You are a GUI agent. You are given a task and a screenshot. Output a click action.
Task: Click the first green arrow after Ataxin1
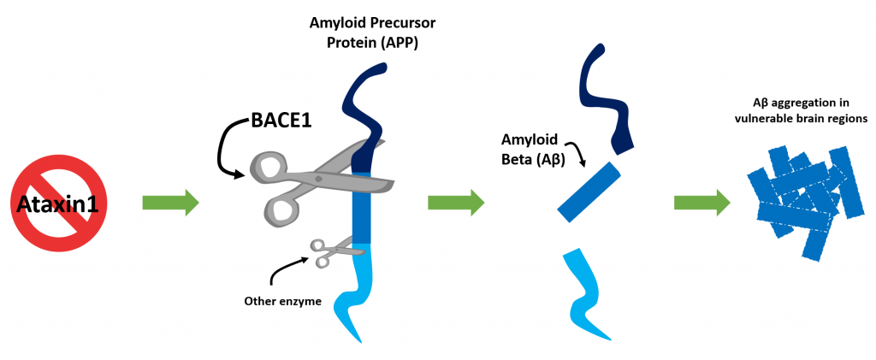pos(170,202)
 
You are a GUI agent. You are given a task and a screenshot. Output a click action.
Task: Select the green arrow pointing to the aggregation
pos(701,202)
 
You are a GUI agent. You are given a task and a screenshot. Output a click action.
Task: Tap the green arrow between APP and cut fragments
pos(457,202)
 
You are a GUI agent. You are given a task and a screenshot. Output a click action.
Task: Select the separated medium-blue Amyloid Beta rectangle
pos(589,192)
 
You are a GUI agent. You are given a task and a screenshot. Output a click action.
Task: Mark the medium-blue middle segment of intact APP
pos(362,208)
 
